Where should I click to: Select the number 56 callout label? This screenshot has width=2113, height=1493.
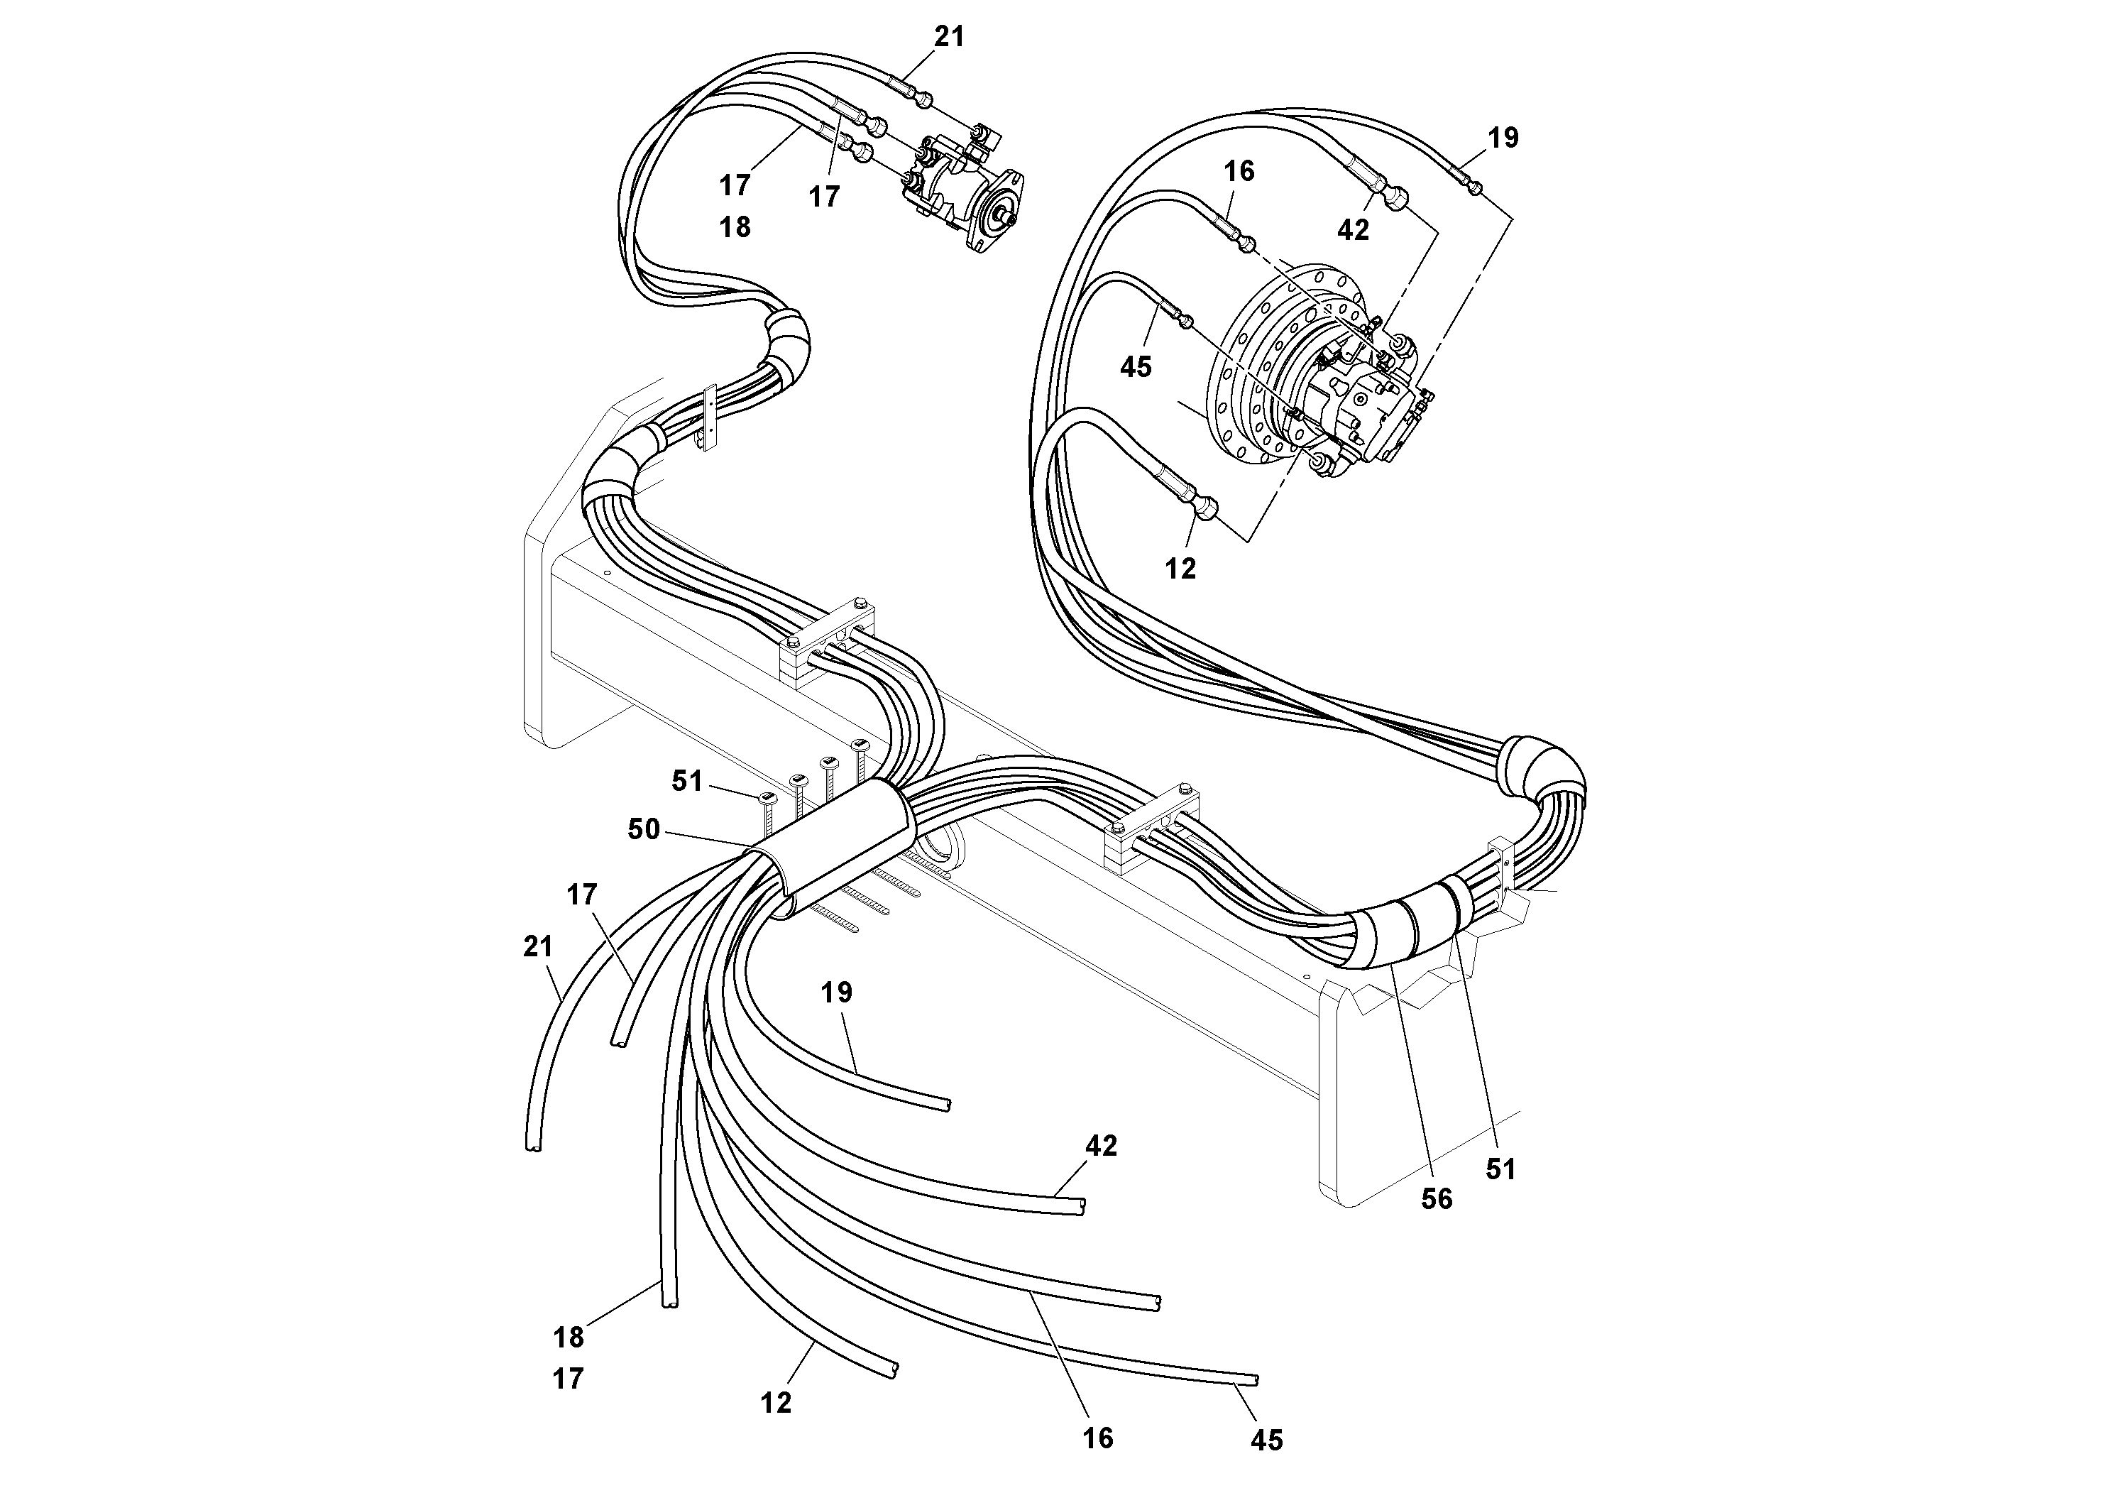point(1437,1198)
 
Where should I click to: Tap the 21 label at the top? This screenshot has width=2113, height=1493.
point(949,37)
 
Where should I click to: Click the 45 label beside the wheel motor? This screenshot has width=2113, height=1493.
point(1136,366)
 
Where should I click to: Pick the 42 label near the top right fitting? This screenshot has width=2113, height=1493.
point(1353,230)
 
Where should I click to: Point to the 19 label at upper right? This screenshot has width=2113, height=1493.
point(1503,138)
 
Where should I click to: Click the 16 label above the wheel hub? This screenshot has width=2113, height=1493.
point(1239,171)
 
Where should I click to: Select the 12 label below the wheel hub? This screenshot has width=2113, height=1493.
point(1181,569)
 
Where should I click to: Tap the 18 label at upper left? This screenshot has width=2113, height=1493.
point(735,226)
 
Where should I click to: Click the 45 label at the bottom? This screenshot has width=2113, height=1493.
point(1266,1440)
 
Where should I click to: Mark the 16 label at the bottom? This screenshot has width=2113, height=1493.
point(1098,1437)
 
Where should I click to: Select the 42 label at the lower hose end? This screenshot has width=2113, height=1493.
point(1101,1145)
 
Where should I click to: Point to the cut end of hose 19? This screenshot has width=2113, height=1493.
point(946,1104)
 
